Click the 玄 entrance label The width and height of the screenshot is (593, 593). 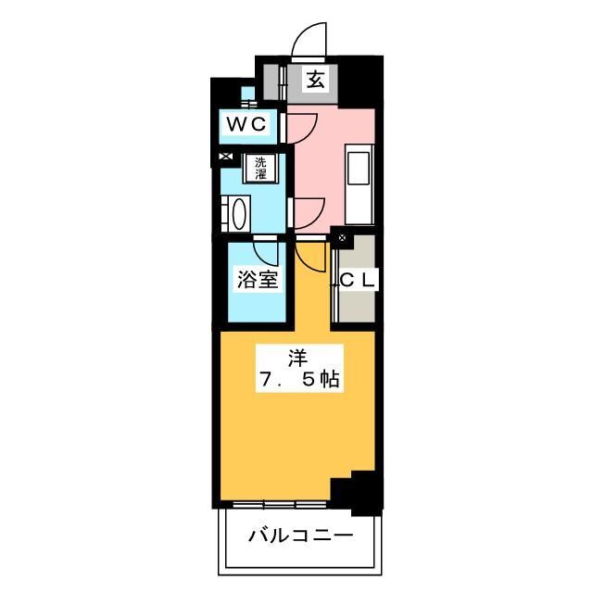point(315,81)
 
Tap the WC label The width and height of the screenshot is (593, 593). point(246,123)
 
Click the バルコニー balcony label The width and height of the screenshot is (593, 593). point(299,536)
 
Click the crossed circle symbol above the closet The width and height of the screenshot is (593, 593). point(341,239)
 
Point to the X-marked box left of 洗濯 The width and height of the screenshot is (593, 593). point(226,158)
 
